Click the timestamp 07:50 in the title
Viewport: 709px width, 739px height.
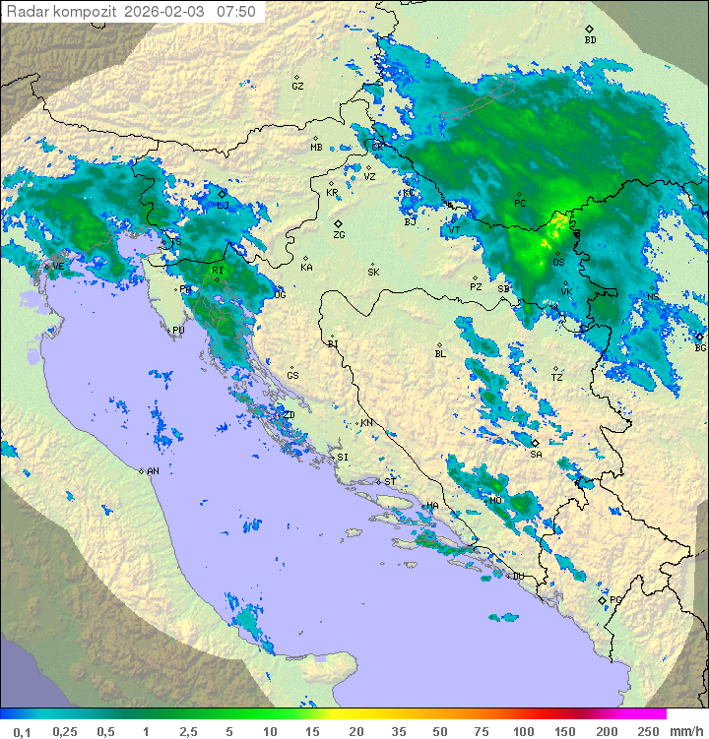pos(236,12)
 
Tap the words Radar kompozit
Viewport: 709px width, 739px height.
pos(62,12)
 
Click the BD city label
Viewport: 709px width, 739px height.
pos(590,40)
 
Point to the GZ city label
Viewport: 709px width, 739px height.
pos(297,87)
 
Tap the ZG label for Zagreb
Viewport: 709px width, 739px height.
pos(339,235)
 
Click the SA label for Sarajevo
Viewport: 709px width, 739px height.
pos(536,455)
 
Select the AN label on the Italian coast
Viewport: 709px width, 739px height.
pos(153,471)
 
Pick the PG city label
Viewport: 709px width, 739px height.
pos(615,599)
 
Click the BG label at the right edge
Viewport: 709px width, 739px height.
pos(700,347)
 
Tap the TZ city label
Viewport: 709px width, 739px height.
pos(557,377)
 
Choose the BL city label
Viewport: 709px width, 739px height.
pos(440,354)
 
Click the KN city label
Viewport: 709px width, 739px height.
pos(366,423)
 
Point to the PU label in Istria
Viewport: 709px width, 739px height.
pos(178,332)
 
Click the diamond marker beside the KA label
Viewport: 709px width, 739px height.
pos(305,257)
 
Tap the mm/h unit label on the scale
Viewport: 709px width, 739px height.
pos(685,731)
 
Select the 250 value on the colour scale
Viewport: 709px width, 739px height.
pos(648,731)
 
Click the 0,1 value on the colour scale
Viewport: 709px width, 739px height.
pos(22,731)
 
